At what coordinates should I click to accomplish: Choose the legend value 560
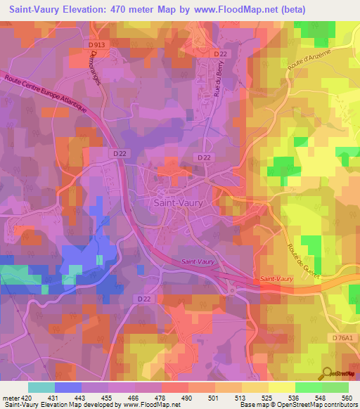[x=345, y=398]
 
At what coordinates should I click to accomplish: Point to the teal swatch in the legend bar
[x=41, y=387]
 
